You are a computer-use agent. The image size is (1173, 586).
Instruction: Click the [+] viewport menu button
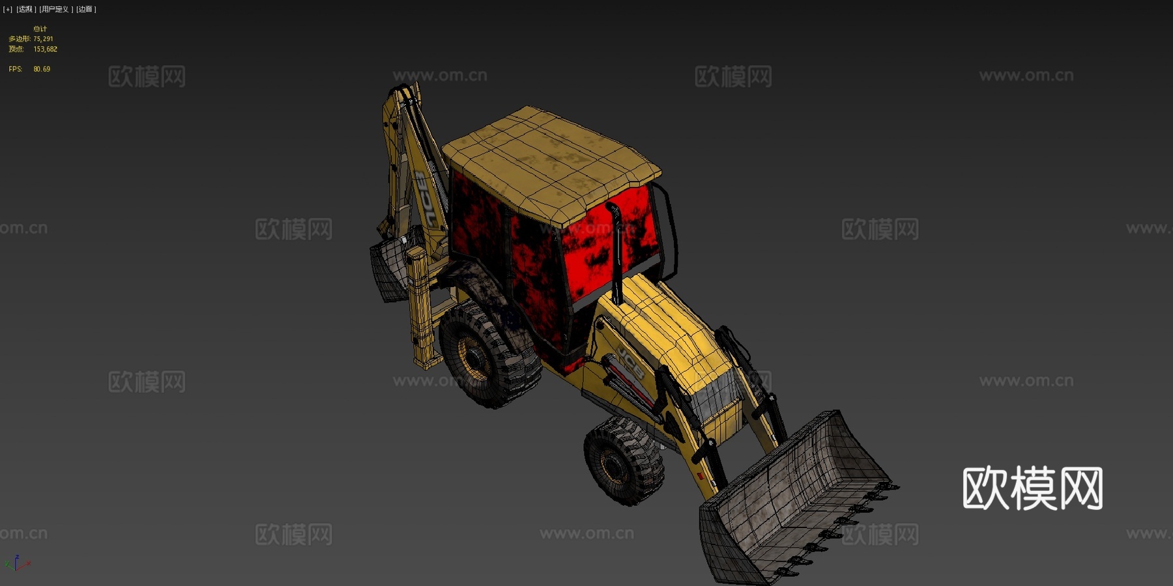tap(8, 9)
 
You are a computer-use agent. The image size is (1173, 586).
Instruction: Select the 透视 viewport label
tap(25, 9)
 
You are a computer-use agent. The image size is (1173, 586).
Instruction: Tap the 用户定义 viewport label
tap(55, 9)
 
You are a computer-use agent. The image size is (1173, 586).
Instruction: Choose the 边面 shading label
tap(85, 9)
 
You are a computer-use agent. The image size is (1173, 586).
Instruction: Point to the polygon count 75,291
tap(43, 39)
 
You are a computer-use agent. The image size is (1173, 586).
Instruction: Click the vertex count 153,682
tap(45, 49)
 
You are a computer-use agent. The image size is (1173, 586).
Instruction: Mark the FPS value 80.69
tap(42, 69)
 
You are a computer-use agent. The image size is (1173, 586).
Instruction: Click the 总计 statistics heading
tap(40, 29)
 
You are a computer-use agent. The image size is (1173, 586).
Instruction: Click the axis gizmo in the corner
tap(17, 563)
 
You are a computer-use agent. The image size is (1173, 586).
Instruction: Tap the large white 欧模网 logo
tap(1032, 488)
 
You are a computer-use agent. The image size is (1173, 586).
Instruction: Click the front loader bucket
tap(795, 495)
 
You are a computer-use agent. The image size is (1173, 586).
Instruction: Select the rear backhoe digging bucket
tap(390, 270)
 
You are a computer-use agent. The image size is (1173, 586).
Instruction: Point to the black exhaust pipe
tap(615, 254)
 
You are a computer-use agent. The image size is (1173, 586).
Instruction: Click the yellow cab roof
tap(551, 163)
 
